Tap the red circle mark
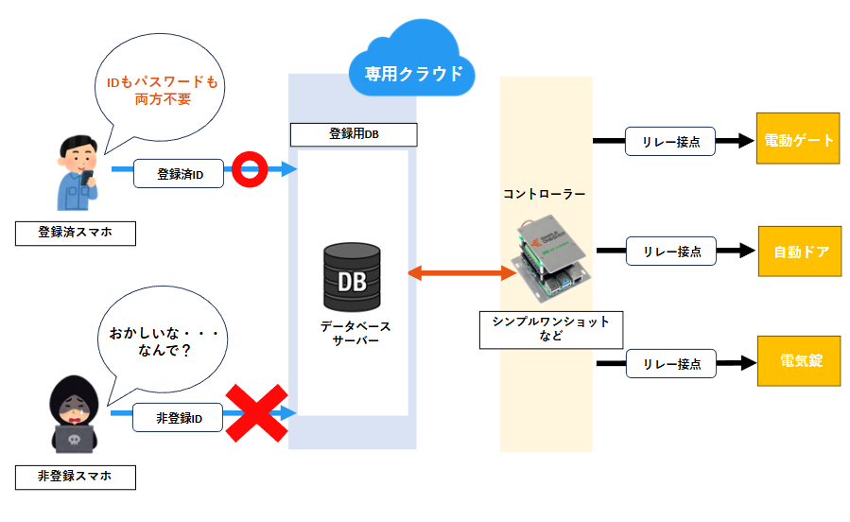coord(251,171)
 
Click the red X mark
coord(256,412)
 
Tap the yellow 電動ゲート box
coord(798,141)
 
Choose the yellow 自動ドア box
coord(799,252)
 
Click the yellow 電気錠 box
coord(798,362)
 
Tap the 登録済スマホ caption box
coord(75,233)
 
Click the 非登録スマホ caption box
coord(75,477)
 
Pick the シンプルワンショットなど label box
coord(550,328)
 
